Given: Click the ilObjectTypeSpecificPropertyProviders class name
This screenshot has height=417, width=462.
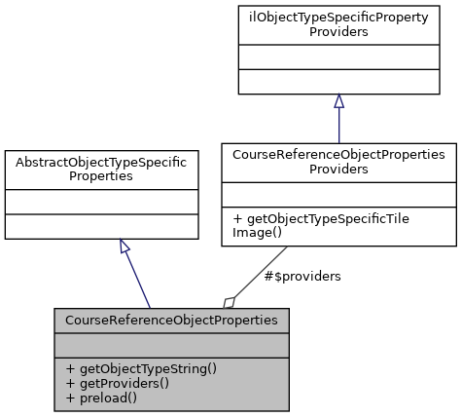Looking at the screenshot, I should click(338, 24).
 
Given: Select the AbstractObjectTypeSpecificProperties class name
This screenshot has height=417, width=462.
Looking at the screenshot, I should click(102, 169).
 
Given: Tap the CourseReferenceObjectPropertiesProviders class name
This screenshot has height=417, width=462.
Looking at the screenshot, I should click(338, 162).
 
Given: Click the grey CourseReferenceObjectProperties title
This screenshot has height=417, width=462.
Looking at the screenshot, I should click(171, 320).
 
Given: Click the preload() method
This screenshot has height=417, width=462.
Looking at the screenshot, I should click(101, 398).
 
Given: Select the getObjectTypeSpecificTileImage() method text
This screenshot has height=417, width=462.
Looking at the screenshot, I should click(321, 226).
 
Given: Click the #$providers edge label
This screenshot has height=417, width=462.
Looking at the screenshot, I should click(302, 277).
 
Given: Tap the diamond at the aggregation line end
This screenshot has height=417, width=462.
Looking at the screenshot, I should click(230, 301).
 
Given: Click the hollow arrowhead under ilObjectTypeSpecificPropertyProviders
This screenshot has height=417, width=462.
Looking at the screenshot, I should click(338, 101).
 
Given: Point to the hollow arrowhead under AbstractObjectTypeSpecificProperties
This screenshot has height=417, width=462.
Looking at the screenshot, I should click(124, 246).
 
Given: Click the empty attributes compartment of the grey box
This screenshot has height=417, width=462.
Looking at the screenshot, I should click(171, 345).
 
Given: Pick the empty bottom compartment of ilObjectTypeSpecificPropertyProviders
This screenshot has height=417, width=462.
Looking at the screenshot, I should click(338, 82).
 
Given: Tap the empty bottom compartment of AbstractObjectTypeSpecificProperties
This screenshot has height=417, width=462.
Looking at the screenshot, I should click(102, 227).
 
